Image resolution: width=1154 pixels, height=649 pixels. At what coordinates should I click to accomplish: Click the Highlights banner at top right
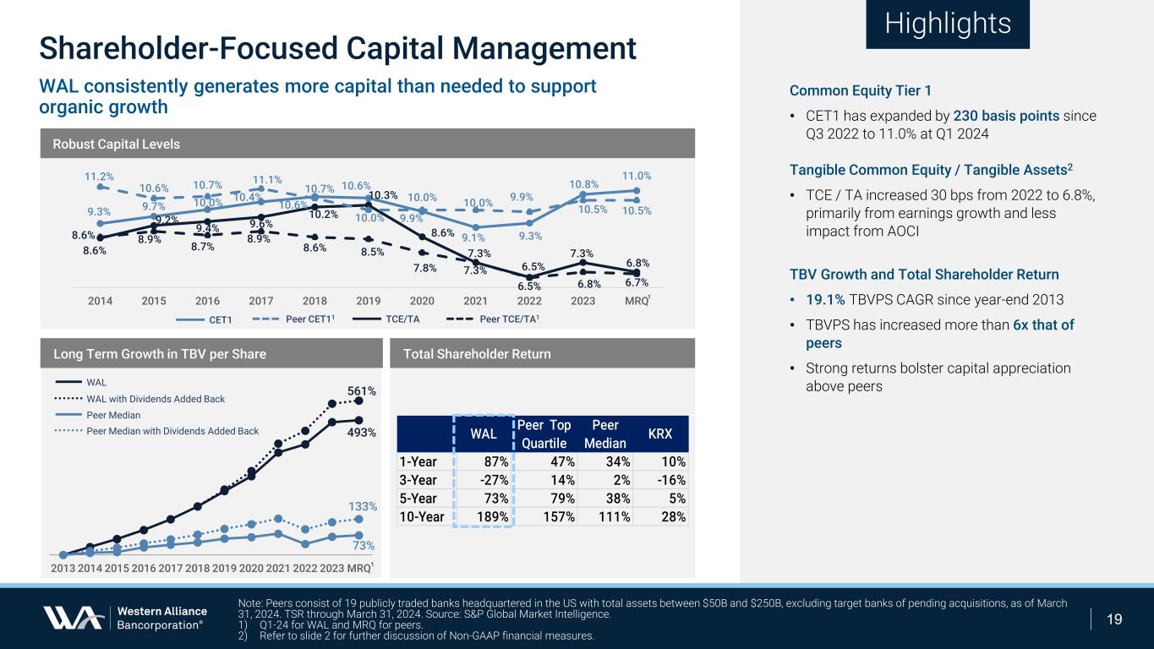tap(948, 24)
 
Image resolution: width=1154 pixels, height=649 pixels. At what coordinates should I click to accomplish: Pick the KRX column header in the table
tap(659, 434)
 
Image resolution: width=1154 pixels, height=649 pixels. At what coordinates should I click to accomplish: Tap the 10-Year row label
tap(420, 517)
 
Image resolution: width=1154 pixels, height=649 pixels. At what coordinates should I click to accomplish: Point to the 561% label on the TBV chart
tap(362, 390)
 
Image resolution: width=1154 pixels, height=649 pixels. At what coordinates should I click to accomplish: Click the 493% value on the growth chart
tap(362, 432)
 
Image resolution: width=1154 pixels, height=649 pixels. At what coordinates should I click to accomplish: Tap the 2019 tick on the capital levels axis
tap(369, 300)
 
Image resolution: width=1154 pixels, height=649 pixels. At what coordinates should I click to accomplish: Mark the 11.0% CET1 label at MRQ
tap(637, 176)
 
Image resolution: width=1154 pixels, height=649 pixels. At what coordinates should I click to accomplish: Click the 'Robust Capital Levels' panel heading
tap(117, 144)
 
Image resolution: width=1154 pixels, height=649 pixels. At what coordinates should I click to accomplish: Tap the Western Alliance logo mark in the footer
tap(74, 618)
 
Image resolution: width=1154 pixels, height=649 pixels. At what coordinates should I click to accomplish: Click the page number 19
tap(1114, 619)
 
